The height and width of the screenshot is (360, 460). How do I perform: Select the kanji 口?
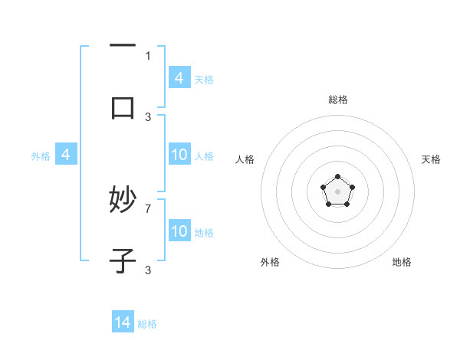click(123, 107)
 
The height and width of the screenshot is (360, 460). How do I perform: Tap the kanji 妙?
click(123, 201)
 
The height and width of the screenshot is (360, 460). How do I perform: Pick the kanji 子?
click(123, 262)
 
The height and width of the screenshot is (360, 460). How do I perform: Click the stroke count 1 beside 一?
click(148, 55)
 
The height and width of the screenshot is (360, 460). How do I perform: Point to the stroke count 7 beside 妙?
click(148, 208)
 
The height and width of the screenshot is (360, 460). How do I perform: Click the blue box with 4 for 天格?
click(179, 78)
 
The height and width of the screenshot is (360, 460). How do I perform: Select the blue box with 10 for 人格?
click(179, 155)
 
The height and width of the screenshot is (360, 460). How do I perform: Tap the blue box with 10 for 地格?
click(179, 231)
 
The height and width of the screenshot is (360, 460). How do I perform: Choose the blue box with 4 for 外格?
click(66, 155)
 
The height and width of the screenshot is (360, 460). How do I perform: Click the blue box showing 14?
click(123, 322)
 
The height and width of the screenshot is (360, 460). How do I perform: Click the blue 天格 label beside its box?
click(204, 79)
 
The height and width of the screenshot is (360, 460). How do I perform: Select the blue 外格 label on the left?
click(41, 155)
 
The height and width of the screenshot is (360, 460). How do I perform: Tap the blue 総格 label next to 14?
click(147, 323)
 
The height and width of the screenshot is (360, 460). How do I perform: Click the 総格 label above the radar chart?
click(337, 100)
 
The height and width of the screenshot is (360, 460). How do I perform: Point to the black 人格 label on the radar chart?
click(245, 159)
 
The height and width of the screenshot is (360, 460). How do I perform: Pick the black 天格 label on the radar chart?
click(431, 159)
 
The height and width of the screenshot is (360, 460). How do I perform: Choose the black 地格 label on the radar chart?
click(402, 262)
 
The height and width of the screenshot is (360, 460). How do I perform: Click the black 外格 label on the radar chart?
click(270, 262)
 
